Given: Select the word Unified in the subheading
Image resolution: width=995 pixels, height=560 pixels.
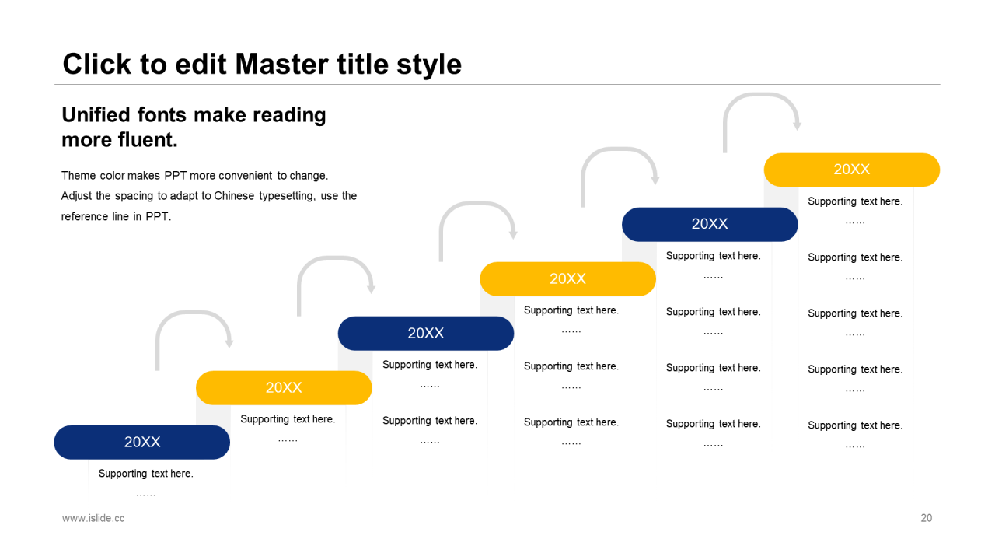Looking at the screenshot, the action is pyautogui.click(x=96, y=114).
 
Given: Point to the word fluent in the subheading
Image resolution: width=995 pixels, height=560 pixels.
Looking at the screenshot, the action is pyautogui.click(x=148, y=139).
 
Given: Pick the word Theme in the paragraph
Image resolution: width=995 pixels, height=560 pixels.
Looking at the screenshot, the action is pyautogui.click(x=79, y=176).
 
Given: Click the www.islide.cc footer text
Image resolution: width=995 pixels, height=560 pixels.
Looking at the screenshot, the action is pyautogui.click(x=93, y=518).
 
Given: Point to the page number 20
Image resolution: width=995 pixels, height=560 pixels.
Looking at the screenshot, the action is pyautogui.click(x=926, y=518).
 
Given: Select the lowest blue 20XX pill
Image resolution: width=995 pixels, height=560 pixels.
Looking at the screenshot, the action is pyautogui.click(x=142, y=443).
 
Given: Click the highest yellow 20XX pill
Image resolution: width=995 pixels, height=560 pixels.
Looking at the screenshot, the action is pyautogui.click(x=851, y=170).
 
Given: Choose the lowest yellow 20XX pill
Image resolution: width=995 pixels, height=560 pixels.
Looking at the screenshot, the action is pyautogui.click(x=284, y=387).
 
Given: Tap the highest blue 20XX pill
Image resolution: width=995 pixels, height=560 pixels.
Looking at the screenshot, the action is pyautogui.click(x=710, y=225).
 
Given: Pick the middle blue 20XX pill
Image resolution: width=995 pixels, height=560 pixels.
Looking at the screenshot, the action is pyautogui.click(x=426, y=334).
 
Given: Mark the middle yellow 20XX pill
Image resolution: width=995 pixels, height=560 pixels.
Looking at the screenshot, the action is pyautogui.click(x=567, y=278).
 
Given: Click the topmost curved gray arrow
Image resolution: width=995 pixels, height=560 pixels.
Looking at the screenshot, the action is pyautogui.click(x=761, y=96).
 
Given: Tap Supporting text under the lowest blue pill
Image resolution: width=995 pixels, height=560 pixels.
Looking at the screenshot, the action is pyautogui.click(x=145, y=474).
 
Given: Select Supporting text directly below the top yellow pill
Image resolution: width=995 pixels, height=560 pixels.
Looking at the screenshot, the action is pyautogui.click(x=855, y=201).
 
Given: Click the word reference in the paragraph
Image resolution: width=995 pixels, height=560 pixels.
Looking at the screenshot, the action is pyautogui.click(x=85, y=216).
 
